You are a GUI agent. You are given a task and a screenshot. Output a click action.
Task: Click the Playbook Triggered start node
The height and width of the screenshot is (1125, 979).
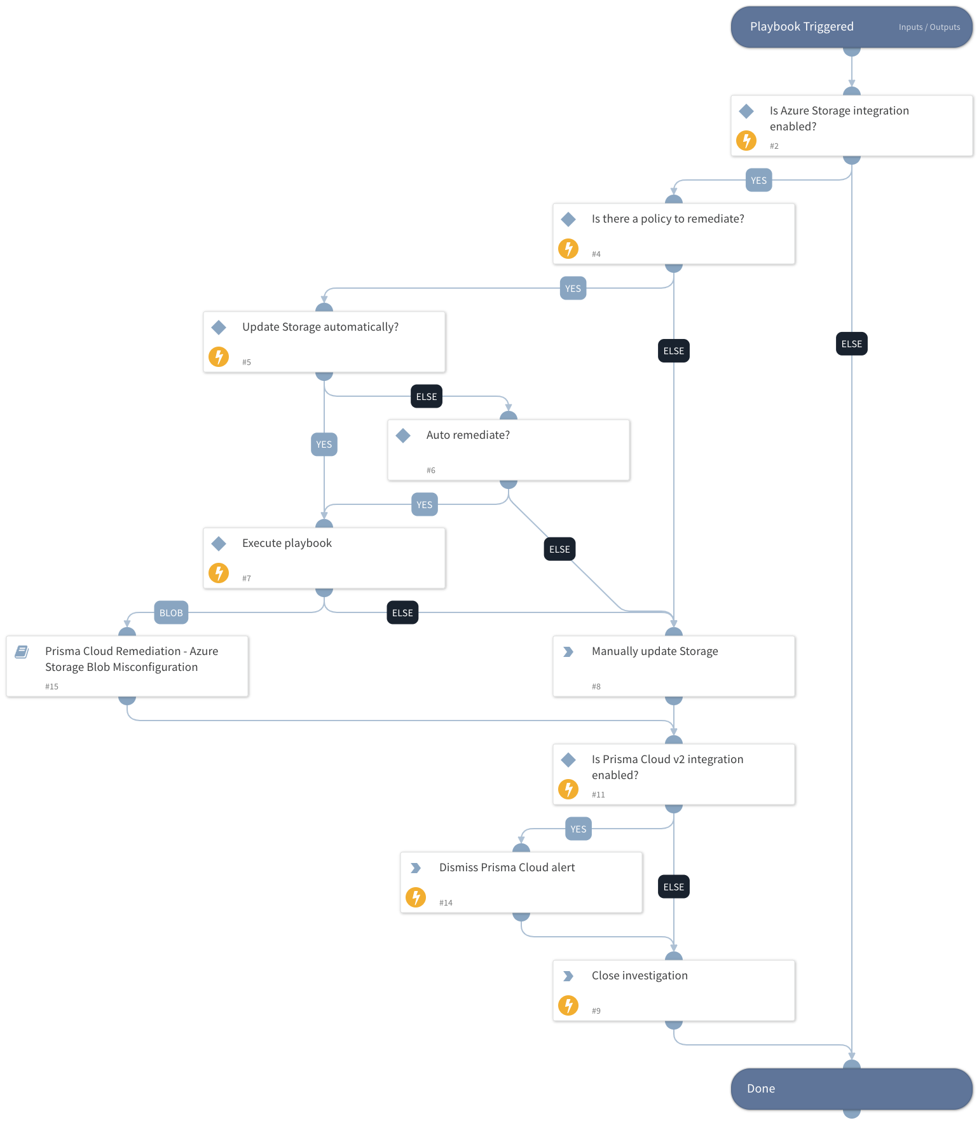click(x=802, y=27)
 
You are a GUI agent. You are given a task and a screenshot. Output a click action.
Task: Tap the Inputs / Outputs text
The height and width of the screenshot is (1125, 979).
click(x=929, y=27)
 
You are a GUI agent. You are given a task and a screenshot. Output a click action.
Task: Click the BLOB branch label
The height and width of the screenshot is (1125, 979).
click(x=171, y=612)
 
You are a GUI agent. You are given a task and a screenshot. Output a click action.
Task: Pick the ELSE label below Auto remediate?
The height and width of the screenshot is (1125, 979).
click(x=559, y=549)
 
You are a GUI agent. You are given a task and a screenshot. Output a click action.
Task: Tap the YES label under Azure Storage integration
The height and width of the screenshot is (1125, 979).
click(x=758, y=180)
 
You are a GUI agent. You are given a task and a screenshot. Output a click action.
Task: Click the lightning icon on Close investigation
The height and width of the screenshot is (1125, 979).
click(x=568, y=1005)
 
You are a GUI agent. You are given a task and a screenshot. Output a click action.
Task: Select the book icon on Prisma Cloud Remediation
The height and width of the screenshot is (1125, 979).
click(x=22, y=651)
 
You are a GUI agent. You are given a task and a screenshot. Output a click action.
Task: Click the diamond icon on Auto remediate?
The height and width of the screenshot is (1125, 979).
click(x=403, y=436)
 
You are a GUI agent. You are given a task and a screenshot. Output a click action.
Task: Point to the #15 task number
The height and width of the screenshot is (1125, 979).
click(x=51, y=686)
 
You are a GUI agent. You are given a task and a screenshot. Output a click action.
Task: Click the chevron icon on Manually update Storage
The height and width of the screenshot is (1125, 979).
click(x=568, y=652)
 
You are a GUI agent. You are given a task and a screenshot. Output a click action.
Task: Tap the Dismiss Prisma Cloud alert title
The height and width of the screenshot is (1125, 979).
click(x=507, y=867)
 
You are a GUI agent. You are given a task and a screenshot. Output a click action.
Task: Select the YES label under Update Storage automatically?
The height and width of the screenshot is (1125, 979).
click(x=324, y=444)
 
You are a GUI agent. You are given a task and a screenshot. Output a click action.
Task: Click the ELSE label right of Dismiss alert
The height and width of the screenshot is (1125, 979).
click(x=673, y=887)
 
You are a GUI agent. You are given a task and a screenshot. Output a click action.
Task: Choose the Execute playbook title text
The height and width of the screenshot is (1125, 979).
click(x=287, y=543)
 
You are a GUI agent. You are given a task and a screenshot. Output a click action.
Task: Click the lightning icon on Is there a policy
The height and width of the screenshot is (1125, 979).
click(x=568, y=249)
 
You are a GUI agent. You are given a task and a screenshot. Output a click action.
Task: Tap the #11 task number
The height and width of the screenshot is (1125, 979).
click(x=598, y=794)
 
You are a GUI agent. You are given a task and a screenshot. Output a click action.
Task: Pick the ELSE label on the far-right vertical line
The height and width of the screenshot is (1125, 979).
click(x=851, y=344)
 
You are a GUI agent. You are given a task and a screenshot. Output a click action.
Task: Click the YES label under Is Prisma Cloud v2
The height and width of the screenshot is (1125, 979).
click(x=578, y=829)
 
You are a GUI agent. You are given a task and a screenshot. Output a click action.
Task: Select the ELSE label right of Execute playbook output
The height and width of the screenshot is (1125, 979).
click(x=402, y=612)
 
